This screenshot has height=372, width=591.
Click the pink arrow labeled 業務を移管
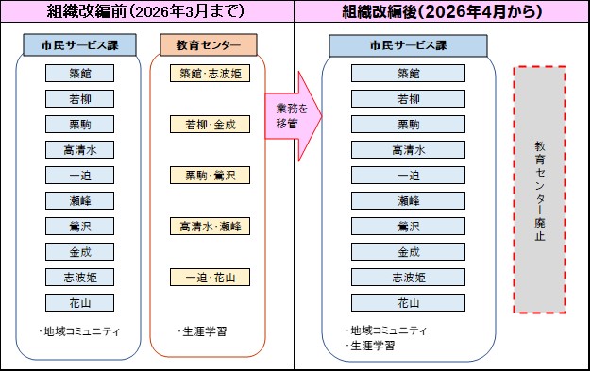[x=292, y=116]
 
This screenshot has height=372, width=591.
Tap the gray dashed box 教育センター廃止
[x=540, y=189]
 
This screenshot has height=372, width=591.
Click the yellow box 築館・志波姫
[x=210, y=74]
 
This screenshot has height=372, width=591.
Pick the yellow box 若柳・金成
[x=210, y=125]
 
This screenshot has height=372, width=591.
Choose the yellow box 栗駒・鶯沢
[x=210, y=176]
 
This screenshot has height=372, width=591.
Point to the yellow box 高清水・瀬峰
[x=210, y=227]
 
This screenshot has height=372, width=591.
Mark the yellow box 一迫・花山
[x=210, y=278]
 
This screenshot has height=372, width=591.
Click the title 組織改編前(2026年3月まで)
[x=146, y=11]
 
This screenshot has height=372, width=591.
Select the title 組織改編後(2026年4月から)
[x=442, y=11]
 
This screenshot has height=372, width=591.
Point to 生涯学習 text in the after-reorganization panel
[x=372, y=345]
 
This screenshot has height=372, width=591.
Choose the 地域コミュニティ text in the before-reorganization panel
[x=80, y=330]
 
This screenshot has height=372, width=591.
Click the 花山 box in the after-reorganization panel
[x=408, y=303]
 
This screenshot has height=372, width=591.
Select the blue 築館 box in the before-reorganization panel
[x=79, y=74]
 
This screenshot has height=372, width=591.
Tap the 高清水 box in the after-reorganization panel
[x=408, y=150]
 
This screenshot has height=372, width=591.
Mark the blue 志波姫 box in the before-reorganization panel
[x=79, y=278]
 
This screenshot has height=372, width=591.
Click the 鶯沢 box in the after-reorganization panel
[x=408, y=227]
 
